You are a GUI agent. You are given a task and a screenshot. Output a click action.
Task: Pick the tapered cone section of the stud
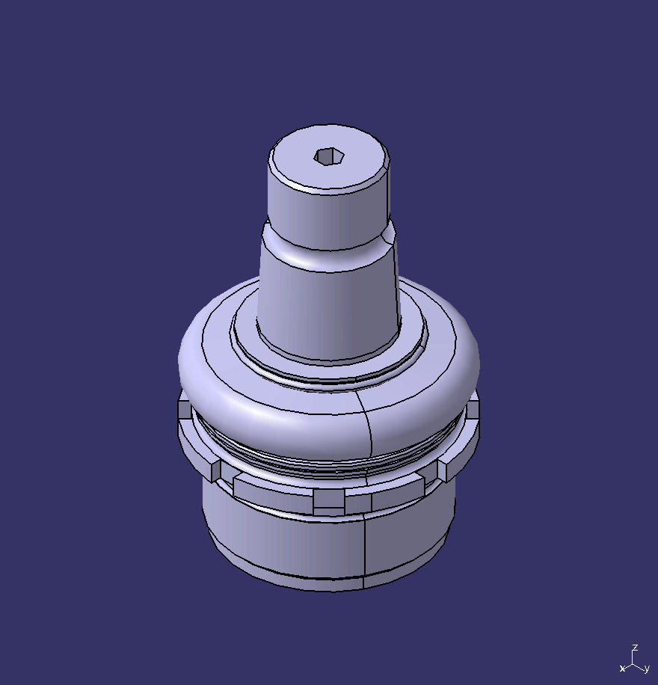[x=329, y=307]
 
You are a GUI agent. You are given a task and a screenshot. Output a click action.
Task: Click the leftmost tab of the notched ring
[x=185, y=409]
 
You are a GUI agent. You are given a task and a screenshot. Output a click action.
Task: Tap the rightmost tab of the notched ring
[x=473, y=410]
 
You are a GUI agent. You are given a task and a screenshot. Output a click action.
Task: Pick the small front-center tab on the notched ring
[x=329, y=501]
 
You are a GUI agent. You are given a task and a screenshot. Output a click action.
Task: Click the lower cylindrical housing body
[x=284, y=538]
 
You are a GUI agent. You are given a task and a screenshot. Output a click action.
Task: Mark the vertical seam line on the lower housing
[x=364, y=546]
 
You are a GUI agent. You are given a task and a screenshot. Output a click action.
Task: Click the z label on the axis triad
[x=635, y=648]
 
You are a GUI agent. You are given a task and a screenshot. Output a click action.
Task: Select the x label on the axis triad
[x=622, y=668]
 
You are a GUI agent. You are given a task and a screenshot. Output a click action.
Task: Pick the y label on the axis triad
[x=646, y=669]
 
